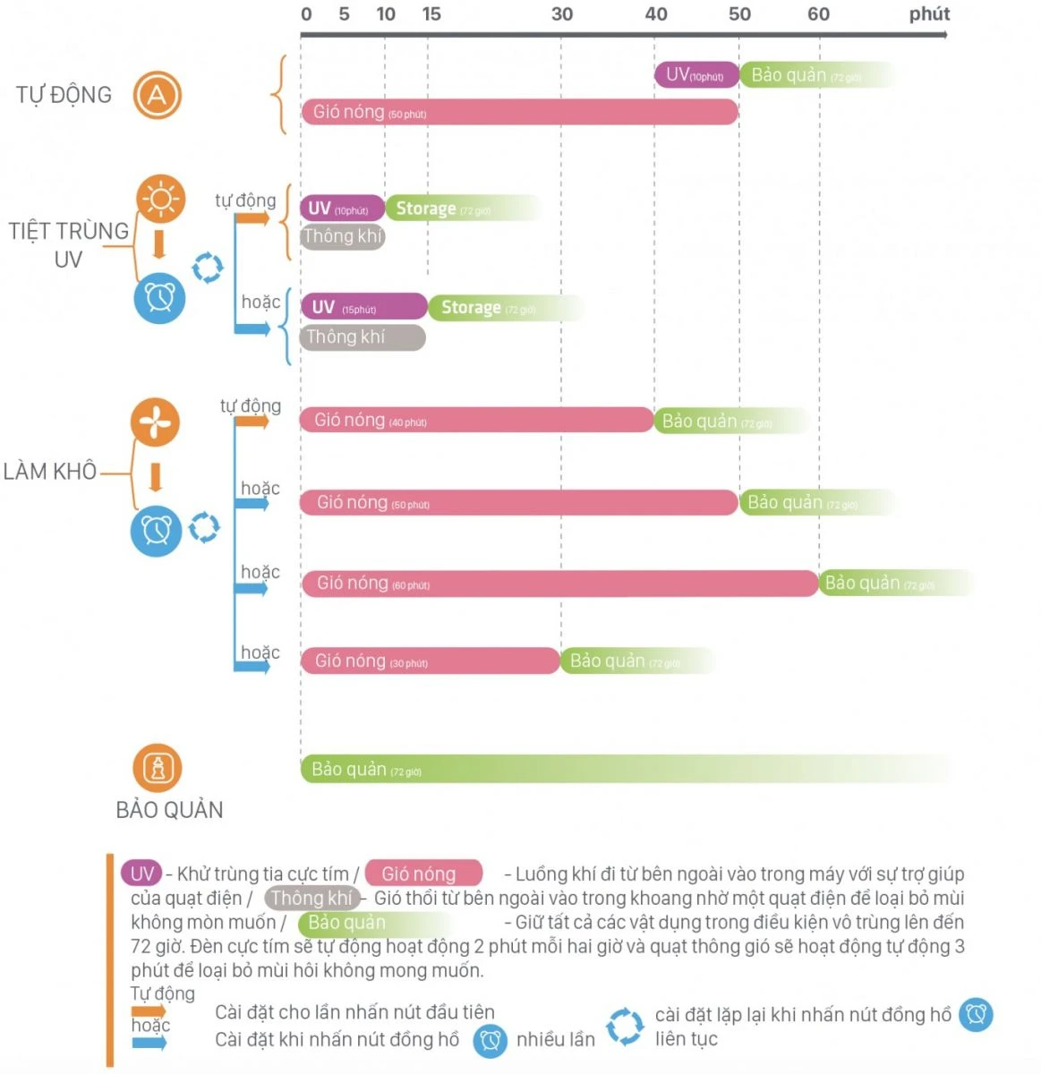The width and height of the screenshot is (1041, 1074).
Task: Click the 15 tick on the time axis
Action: pos(431,14)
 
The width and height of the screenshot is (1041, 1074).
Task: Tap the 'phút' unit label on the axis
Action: pos(929,14)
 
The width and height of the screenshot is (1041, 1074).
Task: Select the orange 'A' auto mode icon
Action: pos(158,96)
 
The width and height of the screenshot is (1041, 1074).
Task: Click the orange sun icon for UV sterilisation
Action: pos(160,199)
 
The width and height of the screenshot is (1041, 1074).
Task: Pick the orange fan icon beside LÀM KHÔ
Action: pos(155,422)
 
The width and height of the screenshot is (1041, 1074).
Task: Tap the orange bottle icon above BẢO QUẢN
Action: pos(158,768)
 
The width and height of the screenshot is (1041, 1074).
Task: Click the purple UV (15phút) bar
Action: pos(363,307)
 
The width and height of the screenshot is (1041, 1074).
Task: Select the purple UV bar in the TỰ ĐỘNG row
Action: pos(696,75)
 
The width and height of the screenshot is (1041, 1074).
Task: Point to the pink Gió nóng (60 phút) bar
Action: pos(559,584)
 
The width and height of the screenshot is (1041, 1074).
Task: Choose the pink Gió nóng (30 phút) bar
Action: pos(430,661)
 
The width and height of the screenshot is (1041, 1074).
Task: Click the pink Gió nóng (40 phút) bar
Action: pos(476,421)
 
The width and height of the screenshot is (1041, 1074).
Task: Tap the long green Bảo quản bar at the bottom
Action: pos(627,770)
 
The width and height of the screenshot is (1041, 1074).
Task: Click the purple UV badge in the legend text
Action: pos(142,874)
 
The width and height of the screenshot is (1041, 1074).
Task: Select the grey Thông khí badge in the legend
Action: pos(311,898)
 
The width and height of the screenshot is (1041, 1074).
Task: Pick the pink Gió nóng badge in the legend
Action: pos(423,874)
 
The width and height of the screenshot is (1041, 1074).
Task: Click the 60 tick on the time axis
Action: pos(818,14)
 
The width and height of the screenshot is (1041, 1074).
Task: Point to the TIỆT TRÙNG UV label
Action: pos(68,244)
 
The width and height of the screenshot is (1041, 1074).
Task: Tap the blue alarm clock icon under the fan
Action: pos(157,531)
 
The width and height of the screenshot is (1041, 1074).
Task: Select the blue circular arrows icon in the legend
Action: pos(624,1027)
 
